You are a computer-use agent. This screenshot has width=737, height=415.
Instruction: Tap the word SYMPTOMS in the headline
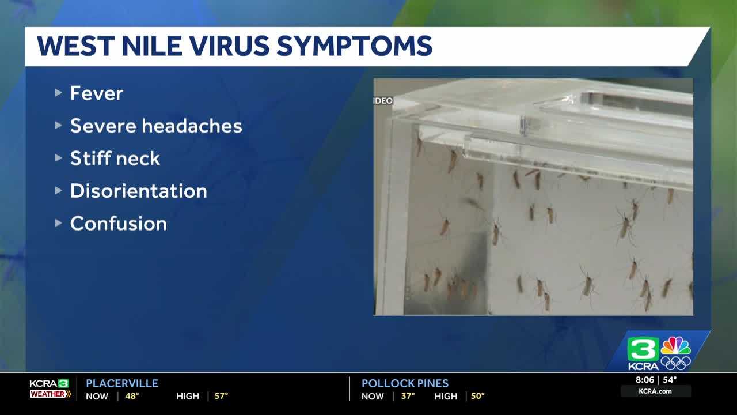354,47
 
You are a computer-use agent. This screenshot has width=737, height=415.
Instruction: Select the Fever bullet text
97,93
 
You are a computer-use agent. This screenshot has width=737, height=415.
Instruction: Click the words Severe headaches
156,126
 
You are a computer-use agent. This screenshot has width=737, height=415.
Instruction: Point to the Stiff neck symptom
115,159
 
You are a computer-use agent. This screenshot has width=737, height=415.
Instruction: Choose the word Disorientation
138,191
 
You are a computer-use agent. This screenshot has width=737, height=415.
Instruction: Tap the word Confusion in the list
119,224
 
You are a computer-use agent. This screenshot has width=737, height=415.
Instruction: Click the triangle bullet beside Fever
59,92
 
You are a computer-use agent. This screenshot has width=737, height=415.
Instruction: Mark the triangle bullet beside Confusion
59,222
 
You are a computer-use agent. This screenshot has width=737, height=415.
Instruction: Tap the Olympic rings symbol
675,363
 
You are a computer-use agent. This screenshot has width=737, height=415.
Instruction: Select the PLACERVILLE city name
122,383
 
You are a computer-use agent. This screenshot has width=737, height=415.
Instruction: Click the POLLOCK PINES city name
405,383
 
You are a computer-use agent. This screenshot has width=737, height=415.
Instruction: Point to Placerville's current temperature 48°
132,396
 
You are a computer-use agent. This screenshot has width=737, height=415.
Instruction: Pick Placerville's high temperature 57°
221,396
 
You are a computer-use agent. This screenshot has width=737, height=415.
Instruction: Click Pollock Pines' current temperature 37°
408,396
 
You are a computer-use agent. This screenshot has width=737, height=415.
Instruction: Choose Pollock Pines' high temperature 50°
477,396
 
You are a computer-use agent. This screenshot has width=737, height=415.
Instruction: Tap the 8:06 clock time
645,380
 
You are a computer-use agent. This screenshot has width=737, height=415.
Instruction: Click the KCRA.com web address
655,391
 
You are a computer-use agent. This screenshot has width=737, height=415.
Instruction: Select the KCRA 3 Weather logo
50,388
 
